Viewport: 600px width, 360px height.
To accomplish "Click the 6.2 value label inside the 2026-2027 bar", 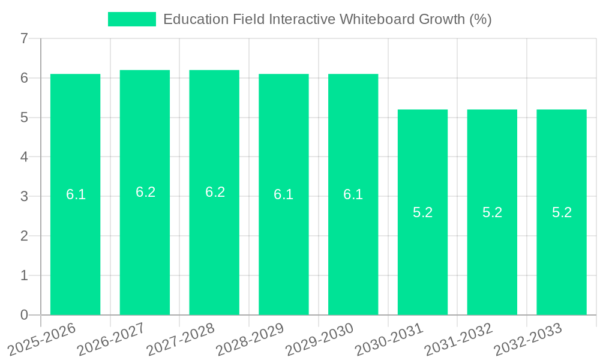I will point(145,192).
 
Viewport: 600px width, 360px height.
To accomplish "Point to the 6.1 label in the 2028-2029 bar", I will point(283,194).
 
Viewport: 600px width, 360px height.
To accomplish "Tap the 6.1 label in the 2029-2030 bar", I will point(353,194).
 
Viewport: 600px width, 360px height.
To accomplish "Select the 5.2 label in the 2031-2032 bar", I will point(492,212).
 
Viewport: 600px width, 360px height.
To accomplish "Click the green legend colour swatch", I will point(131,19).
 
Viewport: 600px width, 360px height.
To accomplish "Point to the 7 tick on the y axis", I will point(24,39).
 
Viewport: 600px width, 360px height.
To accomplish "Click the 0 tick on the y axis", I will point(24,314).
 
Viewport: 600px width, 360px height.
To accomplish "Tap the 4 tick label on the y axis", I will point(24,157).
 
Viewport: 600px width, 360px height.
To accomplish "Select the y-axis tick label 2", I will point(24,236).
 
